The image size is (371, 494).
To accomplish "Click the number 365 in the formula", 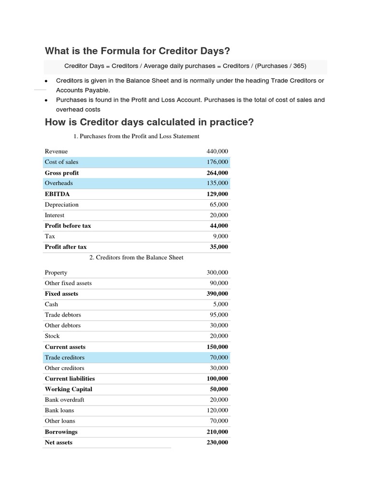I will (298, 66).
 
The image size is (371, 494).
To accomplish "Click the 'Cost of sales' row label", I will (61, 162).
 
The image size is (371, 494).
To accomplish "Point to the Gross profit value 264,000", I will (217, 173).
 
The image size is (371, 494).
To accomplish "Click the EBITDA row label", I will (57, 194).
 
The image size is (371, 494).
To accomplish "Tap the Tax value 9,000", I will (221, 236).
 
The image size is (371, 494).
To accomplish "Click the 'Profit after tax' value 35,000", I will (219, 247).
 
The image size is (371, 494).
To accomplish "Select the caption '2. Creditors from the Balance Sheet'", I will (136, 258).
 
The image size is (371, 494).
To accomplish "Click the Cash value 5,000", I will (221, 304).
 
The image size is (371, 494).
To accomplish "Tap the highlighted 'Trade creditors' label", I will (64, 357).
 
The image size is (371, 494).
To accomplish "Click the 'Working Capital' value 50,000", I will (219, 389).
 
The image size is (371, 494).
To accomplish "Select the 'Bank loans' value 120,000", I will (217, 411).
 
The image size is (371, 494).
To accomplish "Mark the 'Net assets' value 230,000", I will (217, 442).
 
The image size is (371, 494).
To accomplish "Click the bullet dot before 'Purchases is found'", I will (46, 100).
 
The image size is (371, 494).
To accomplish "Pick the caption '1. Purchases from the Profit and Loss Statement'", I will (136, 137).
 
